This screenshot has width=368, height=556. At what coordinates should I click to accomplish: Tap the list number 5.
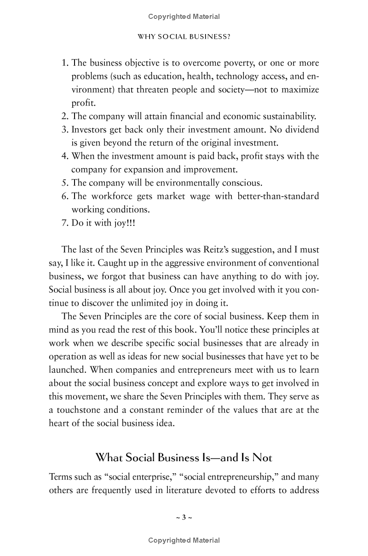[x=65, y=183]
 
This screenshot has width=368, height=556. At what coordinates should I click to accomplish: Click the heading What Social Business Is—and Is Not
[x=184, y=458]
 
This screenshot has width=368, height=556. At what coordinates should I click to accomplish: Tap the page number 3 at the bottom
[x=184, y=517]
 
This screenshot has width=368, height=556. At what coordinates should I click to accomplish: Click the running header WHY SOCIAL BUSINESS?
[x=184, y=37]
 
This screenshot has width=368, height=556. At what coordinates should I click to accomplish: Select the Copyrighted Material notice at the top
[x=184, y=17]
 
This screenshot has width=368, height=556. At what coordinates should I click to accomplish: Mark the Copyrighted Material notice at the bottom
[x=184, y=540]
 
